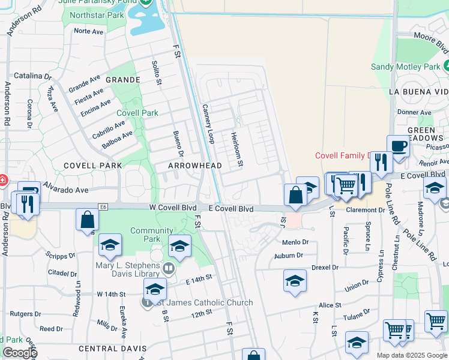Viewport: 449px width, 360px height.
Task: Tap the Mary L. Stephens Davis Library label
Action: point(128,266)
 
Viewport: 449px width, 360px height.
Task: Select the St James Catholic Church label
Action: point(203,303)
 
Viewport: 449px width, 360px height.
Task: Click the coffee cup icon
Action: point(399,146)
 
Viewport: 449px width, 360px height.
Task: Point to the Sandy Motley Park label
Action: point(405,67)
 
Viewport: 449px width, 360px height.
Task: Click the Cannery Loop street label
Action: point(208,124)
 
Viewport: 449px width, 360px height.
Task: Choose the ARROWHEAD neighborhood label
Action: point(195,165)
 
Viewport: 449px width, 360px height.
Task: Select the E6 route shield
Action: point(103,206)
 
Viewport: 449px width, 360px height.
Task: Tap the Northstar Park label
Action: point(97,14)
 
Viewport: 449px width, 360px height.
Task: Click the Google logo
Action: point(19,353)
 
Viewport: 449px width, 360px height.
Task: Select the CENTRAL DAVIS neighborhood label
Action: point(112,349)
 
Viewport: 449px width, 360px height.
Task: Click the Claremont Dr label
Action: point(365,210)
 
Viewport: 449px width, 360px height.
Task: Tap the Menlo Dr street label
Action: point(295,242)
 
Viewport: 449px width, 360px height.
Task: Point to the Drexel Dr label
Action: point(325,267)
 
